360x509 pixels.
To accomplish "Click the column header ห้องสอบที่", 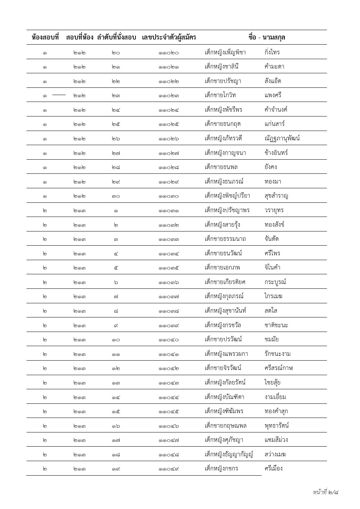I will click(45, 37).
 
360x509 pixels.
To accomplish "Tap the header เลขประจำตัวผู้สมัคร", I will click(169, 37).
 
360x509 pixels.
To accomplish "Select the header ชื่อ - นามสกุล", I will click(267, 37).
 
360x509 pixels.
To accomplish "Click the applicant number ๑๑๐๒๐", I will click(169, 53).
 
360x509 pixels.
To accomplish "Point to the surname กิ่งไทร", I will click(272, 52).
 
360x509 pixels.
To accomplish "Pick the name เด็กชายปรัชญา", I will click(223, 81).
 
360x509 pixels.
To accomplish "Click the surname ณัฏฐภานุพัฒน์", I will click(282, 138).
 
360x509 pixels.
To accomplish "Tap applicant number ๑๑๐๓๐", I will click(169, 196).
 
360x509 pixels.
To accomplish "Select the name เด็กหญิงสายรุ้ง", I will click(222, 225).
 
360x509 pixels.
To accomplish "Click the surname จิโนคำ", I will click(273, 268).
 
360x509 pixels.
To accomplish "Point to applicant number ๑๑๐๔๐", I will click(169, 340).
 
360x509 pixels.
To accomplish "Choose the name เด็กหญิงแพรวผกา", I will click(226, 354).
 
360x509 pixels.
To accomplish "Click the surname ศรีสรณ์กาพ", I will click(278, 368).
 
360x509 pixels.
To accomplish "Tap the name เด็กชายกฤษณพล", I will click(226, 426).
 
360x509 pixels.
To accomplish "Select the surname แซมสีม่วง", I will click(276, 440).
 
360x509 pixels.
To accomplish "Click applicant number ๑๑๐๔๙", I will click(169, 469).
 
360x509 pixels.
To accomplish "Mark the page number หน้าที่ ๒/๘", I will click(326, 492).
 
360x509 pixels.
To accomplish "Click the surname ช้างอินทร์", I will click(276, 153).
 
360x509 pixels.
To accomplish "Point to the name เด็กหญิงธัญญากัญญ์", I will click(229, 454).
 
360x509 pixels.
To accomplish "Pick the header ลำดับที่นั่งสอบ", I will click(116, 37).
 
